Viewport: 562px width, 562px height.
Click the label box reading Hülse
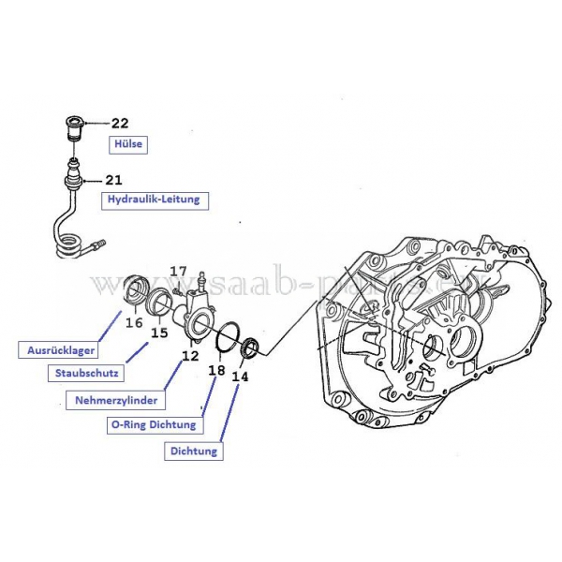pos(127,143)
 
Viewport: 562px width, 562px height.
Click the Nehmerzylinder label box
pos(117,400)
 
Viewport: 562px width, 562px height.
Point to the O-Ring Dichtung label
pos(155,424)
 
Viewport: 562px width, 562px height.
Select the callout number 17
pos(178,272)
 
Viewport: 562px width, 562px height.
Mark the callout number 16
pos(134,322)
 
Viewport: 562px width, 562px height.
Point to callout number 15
pos(159,332)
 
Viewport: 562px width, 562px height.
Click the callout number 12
pos(190,356)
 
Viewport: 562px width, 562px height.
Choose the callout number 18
pos(216,370)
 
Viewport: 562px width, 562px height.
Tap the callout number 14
pos(241,377)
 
